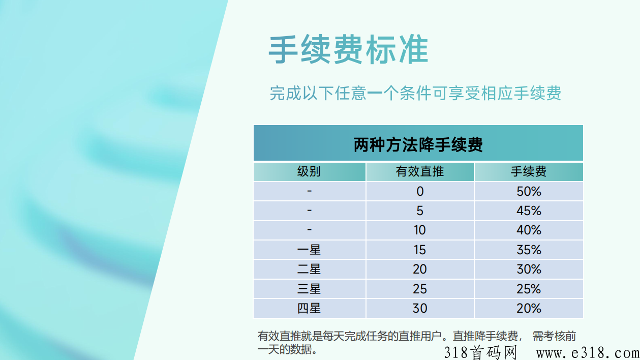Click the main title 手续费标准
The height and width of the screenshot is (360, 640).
coord(348,49)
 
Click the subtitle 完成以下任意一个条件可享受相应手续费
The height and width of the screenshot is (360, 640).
coord(415,93)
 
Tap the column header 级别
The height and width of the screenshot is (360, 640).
coord(309,171)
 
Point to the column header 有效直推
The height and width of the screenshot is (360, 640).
coord(420,171)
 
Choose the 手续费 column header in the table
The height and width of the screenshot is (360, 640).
coord(529,171)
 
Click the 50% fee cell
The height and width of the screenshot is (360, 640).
coord(529,191)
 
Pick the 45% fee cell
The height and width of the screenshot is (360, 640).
coord(529,211)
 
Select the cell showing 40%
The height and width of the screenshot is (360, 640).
coord(529,230)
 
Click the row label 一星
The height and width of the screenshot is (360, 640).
coord(309,250)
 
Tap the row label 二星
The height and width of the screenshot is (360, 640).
coord(309,269)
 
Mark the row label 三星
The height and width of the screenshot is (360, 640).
coord(309,289)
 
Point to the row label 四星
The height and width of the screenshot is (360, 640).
coord(309,308)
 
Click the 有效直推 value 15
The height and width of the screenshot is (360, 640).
coord(420,250)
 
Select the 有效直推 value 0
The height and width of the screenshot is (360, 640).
coord(420,191)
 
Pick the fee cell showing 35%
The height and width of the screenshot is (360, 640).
coord(529,250)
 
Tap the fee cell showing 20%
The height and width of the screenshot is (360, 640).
coord(529,308)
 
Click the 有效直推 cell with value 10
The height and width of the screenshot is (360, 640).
coord(420,230)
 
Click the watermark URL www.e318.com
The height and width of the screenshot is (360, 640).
coord(588,353)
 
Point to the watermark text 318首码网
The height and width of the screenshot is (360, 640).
coord(480,353)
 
